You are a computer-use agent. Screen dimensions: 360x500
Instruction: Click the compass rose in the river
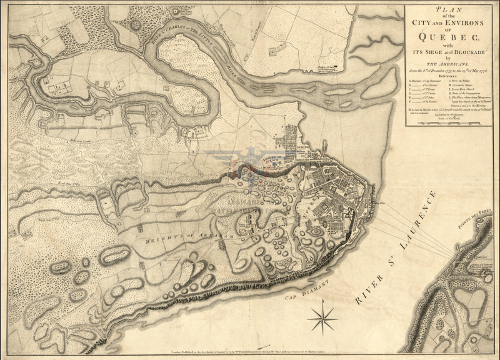click(x=322, y=317)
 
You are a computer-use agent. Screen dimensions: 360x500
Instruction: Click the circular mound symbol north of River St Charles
click(x=136, y=25)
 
